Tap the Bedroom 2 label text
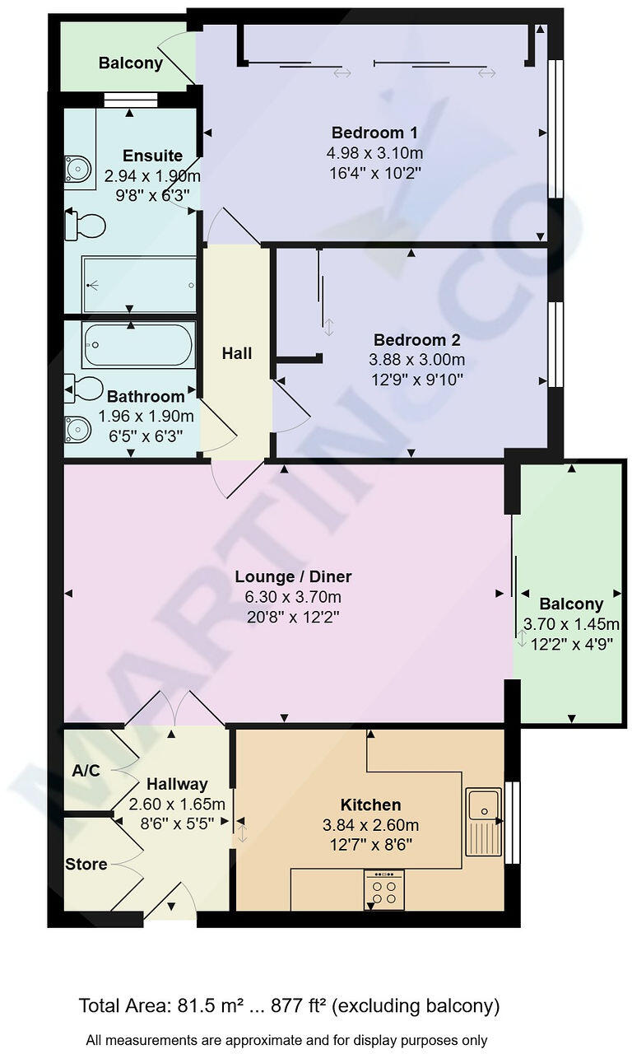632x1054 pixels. click(416, 340)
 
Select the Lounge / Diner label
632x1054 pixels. click(293, 576)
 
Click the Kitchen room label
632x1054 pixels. click(370, 804)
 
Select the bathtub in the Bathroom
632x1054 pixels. click(138, 345)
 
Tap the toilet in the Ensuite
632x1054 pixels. click(86, 226)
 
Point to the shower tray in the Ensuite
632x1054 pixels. click(138, 285)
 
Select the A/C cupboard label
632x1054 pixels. click(86, 771)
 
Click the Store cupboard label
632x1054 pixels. click(86, 864)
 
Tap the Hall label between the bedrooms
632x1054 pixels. click(237, 353)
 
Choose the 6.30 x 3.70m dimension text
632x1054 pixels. click(293, 597)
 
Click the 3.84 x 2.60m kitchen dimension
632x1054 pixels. click(370, 825)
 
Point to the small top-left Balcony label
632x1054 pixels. click(130, 63)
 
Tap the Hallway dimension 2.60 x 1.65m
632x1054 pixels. click(177, 804)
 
